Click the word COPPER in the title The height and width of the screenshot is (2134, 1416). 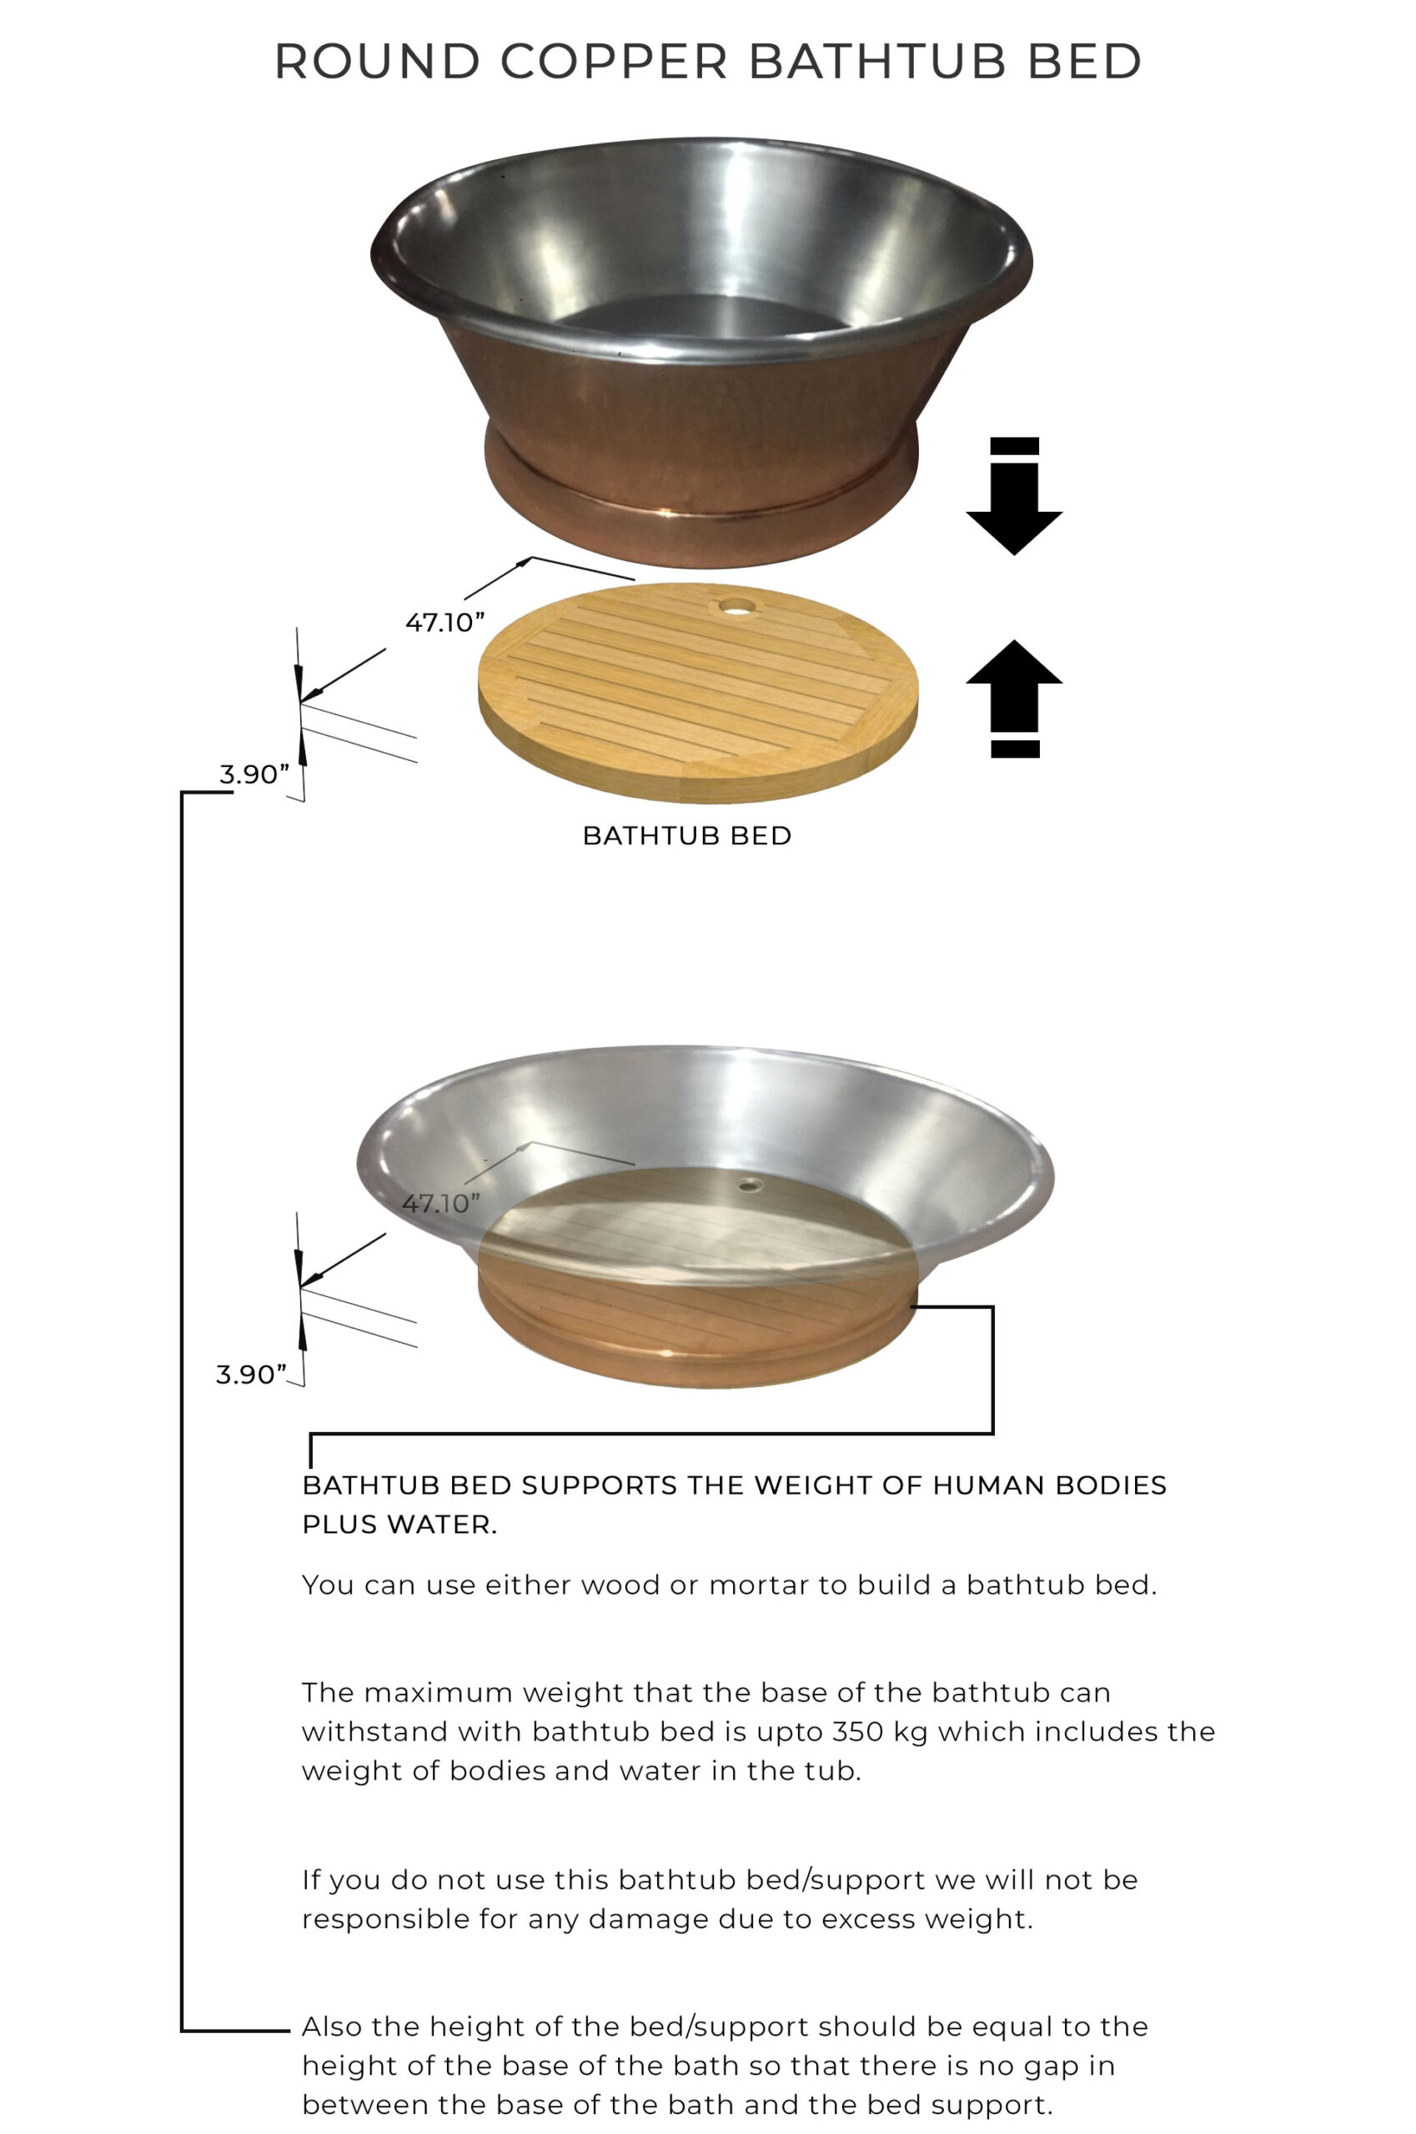(x=614, y=62)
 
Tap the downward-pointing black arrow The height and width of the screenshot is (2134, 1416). (x=1014, y=496)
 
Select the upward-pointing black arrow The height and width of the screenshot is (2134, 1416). (x=1014, y=698)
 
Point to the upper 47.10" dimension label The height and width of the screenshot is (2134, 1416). (x=444, y=622)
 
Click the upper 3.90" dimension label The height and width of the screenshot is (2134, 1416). (x=254, y=774)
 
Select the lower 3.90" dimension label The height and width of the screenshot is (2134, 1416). (x=251, y=1374)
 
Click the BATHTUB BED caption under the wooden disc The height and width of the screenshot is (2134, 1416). (x=687, y=836)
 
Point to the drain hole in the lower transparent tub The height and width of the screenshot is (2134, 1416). (x=747, y=1185)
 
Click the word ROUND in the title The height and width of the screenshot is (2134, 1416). (x=378, y=62)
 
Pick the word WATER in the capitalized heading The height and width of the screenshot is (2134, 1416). (x=443, y=1525)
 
